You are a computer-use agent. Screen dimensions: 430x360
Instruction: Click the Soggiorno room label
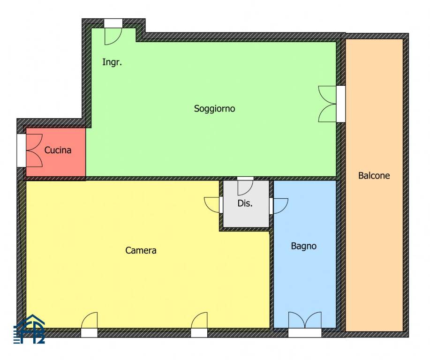(x=214, y=109)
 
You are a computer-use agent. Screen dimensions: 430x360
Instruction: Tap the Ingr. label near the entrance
(x=112, y=62)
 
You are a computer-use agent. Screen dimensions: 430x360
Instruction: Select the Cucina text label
(x=58, y=150)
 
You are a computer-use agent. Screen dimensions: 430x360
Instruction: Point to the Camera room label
(x=141, y=250)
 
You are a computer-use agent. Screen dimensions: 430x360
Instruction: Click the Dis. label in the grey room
(x=245, y=203)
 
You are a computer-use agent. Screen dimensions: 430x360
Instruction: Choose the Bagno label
(x=303, y=246)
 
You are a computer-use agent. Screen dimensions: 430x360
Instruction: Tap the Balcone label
(x=374, y=175)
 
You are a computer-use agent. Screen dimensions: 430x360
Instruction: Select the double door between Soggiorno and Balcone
(x=328, y=104)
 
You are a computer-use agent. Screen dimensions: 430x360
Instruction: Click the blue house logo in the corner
(x=30, y=329)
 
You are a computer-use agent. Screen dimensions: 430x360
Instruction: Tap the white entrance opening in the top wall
(x=113, y=23)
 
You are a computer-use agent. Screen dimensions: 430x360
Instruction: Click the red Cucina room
(x=56, y=152)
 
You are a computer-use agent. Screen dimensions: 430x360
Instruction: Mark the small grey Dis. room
(x=246, y=203)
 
